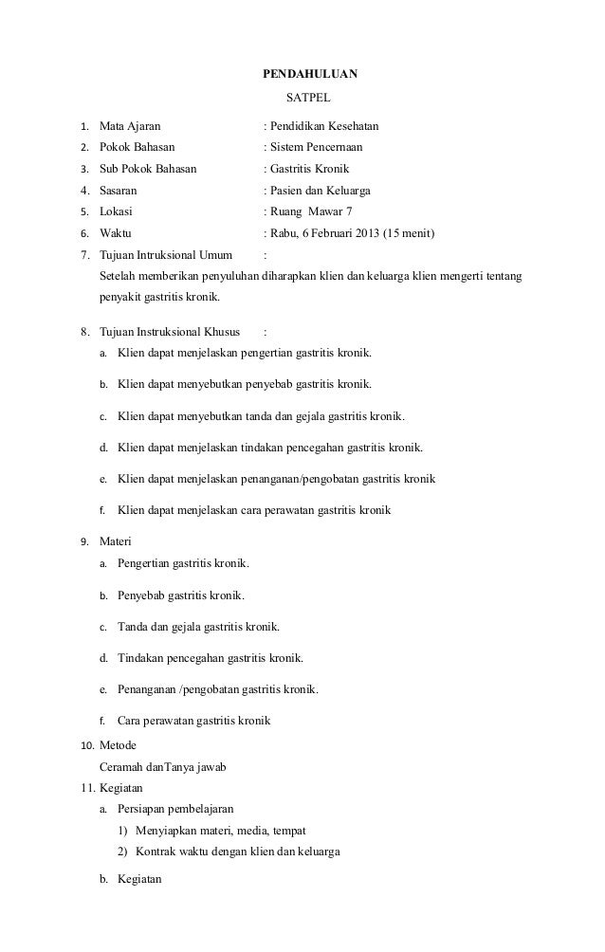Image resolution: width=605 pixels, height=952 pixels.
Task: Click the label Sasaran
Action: pyautogui.click(x=118, y=191)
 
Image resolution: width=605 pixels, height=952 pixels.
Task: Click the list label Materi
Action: pyautogui.click(x=116, y=541)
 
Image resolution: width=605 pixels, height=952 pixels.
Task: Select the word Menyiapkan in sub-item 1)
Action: pyautogui.click(x=165, y=830)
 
